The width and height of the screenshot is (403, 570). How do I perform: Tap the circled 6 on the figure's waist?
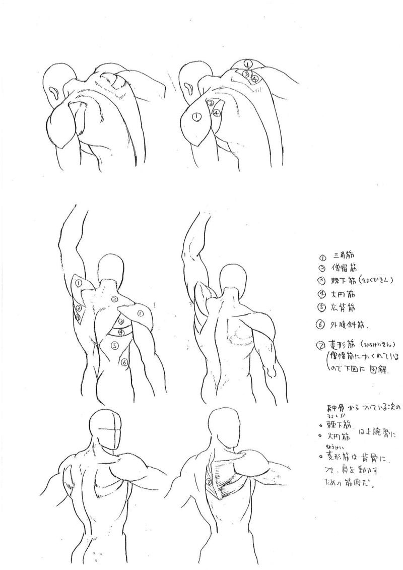click(x=124, y=362)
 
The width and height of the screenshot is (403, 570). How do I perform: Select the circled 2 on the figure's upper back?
click(x=115, y=299)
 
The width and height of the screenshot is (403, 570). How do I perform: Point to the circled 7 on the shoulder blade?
click(x=209, y=482)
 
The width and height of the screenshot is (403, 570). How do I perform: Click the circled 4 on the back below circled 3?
click(x=121, y=332)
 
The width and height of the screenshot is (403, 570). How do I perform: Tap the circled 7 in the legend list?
click(x=319, y=346)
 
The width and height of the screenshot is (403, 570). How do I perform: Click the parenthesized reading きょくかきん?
click(x=373, y=280)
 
